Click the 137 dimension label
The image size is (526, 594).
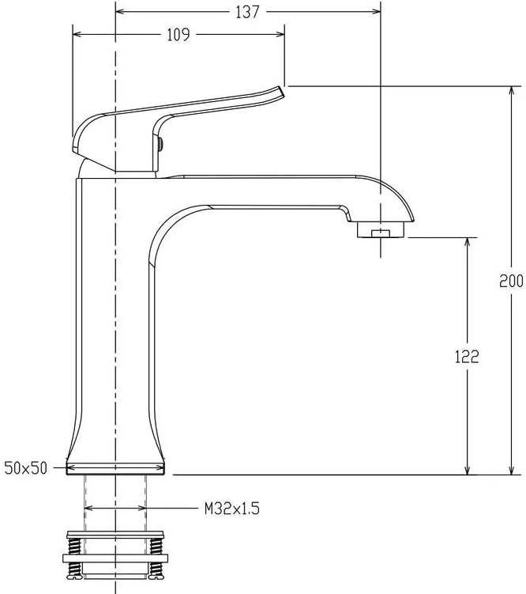point(248,12)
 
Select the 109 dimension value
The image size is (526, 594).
point(178,35)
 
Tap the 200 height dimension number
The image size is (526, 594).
point(511,281)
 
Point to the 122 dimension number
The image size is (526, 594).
point(467,357)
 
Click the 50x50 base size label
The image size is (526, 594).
point(26,468)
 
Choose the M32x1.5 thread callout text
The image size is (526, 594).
point(232,509)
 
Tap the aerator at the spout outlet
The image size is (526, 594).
point(381,230)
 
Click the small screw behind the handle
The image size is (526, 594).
point(160,144)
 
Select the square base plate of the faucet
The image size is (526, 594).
point(115,468)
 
